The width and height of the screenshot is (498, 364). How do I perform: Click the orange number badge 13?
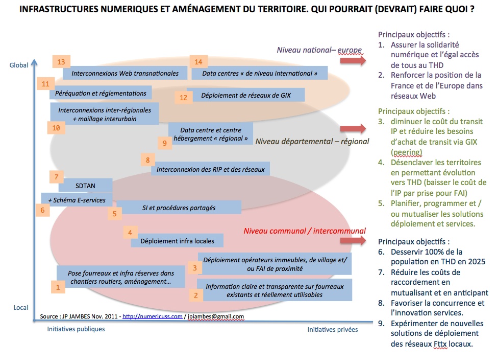coord(61,62)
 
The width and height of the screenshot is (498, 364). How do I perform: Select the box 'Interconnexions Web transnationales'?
coord(125,73)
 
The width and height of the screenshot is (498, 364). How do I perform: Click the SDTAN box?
coord(85,185)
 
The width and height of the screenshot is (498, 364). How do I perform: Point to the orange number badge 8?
coord(147,160)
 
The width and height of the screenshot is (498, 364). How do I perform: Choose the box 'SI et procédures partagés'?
coord(179,208)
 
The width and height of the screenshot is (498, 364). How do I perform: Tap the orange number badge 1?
coord(58,287)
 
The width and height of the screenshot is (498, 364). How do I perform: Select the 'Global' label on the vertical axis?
coord(19,65)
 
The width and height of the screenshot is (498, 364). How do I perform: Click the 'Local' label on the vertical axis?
coord(20,307)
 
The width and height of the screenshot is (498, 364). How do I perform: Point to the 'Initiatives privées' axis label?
coord(332,330)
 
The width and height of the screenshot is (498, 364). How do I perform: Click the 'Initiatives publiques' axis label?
coord(76,329)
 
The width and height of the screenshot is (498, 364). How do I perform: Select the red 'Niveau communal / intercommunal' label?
coord(304,231)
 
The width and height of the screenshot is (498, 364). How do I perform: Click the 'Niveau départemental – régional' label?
coord(312,141)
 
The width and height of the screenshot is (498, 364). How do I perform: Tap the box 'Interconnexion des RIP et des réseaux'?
coord(210,169)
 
